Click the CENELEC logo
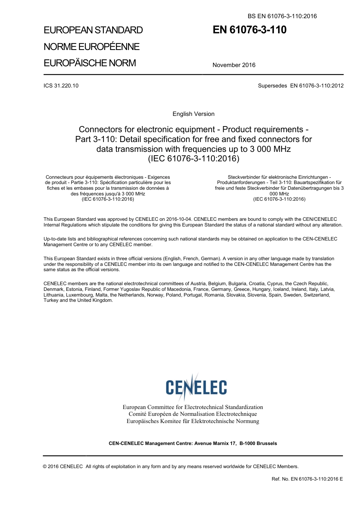(x=196, y=387)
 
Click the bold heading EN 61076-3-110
(x=249, y=30)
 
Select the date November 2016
(x=234, y=65)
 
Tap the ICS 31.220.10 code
(x=61, y=86)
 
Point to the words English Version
(x=193, y=114)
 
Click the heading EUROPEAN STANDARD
(x=93, y=30)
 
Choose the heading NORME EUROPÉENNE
(x=92, y=47)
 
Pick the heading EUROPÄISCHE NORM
(x=90, y=63)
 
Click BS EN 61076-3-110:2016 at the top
(x=282, y=16)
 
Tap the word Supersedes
(x=272, y=86)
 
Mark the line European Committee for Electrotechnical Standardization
(x=193, y=407)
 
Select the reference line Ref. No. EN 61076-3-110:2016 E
(x=307, y=479)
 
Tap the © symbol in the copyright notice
(x=45, y=467)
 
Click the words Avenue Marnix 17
(x=215, y=443)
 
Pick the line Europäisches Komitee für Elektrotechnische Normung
(x=193, y=421)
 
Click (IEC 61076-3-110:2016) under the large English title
(x=193, y=159)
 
